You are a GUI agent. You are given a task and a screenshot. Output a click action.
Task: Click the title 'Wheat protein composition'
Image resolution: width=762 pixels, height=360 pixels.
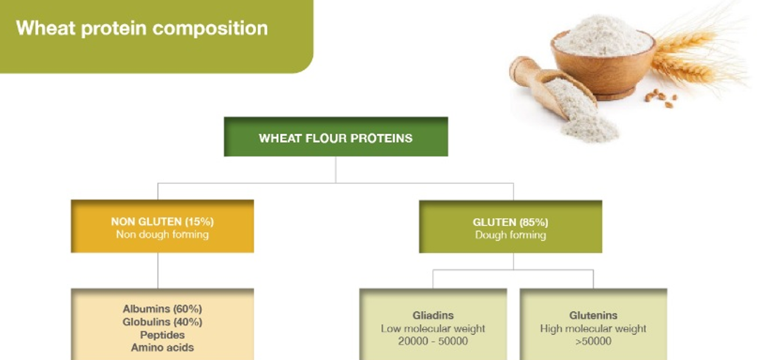coord(142,28)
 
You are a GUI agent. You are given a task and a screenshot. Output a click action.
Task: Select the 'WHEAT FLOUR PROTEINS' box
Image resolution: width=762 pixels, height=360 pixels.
coord(336,137)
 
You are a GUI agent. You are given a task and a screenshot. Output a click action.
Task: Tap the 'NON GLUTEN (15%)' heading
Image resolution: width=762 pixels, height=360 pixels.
coord(162,222)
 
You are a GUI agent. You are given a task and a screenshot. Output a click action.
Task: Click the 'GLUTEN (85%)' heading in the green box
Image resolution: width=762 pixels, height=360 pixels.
coord(510,223)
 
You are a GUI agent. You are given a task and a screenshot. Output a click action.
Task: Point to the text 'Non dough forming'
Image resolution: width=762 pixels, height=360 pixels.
coord(162,235)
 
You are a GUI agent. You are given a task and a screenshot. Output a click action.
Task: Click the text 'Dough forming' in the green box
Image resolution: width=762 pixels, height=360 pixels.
coord(510,235)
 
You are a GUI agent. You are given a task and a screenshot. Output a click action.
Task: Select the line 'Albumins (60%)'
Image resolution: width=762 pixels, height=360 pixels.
coord(162,309)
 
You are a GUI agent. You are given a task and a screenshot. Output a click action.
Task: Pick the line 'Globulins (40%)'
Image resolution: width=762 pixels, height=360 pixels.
coord(162,322)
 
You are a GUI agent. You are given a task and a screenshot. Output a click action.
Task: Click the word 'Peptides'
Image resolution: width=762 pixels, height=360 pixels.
coord(162,335)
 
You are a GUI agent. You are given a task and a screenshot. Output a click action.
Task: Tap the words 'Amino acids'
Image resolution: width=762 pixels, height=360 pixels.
coord(162,348)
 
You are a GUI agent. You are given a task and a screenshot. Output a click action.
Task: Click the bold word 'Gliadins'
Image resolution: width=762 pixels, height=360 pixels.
coord(433,316)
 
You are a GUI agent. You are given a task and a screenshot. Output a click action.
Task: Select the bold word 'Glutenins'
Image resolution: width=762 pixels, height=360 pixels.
coord(594,316)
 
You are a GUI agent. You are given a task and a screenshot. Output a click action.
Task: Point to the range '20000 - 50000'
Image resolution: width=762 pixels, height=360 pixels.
coord(433,341)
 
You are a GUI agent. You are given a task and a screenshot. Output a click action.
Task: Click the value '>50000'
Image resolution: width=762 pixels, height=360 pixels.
coord(594,341)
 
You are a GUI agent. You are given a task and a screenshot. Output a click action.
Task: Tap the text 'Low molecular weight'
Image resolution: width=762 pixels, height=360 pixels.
coord(433,329)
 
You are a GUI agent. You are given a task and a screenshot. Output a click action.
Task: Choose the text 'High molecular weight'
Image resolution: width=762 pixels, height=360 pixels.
coord(594,329)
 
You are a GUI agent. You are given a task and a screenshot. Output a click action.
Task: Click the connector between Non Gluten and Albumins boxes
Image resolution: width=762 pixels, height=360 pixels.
coord(158,271)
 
